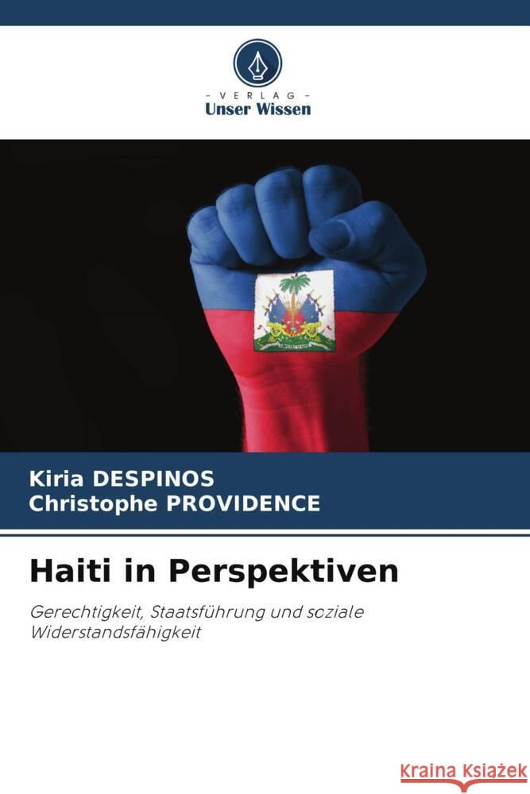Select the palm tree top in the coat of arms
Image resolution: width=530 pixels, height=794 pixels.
tap(297, 283)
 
